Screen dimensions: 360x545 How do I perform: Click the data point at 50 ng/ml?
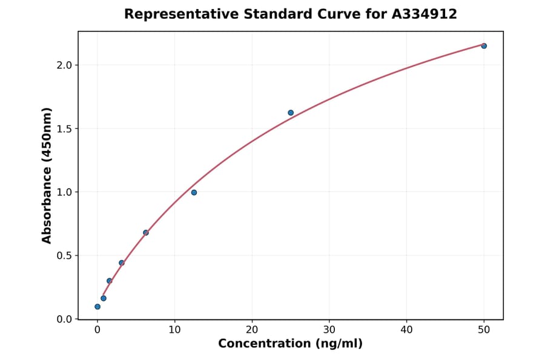tap(484, 46)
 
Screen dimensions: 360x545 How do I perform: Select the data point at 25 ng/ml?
tap(291, 113)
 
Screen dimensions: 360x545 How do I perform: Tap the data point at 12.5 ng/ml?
tap(194, 193)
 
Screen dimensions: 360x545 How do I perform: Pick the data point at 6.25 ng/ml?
tap(146, 233)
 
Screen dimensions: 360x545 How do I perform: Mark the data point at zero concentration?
tap(97, 307)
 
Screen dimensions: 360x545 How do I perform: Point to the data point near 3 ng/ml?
tap(122, 263)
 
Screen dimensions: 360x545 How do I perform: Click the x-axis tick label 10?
tap(174, 330)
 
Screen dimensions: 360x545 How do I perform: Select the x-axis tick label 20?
tap(252, 330)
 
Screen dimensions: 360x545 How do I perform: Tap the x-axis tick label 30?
tap(329, 330)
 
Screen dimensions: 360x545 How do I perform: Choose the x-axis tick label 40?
tap(406, 330)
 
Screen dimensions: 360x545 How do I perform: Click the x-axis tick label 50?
tap(484, 330)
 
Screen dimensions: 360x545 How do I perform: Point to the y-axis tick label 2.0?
tap(64, 65)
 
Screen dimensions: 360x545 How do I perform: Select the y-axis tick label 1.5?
tap(64, 128)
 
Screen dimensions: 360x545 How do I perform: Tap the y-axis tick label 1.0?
tap(64, 192)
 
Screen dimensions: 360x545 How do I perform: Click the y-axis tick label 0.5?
tap(64, 256)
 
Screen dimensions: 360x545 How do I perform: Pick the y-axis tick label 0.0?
tap(64, 319)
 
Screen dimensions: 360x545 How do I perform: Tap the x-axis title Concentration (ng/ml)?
tap(290, 344)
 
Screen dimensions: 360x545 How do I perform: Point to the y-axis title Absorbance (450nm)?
tap(47, 175)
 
